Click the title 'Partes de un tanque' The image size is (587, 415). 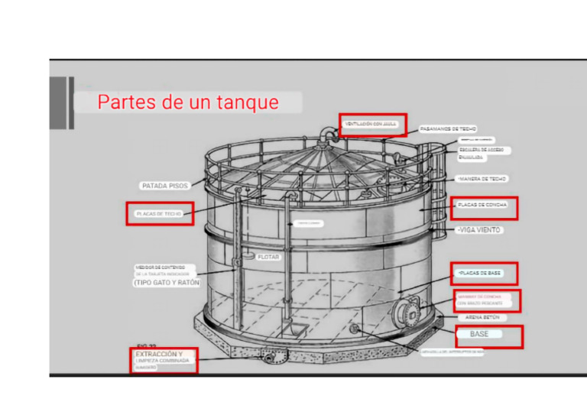[187, 102]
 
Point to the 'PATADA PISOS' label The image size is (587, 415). [164, 186]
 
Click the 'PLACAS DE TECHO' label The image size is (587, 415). [159, 214]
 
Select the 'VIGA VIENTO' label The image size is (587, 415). [478, 229]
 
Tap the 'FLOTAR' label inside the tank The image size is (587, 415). [268, 258]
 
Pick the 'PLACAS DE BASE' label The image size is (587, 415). [479, 272]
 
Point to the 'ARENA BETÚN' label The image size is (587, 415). [482, 316]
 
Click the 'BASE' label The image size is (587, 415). [479, 335]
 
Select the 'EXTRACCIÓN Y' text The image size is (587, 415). [159, 355]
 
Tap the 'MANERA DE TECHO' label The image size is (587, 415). [482, 179]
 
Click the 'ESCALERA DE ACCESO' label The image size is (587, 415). [481, 150]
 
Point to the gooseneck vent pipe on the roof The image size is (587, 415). [329, 138]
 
